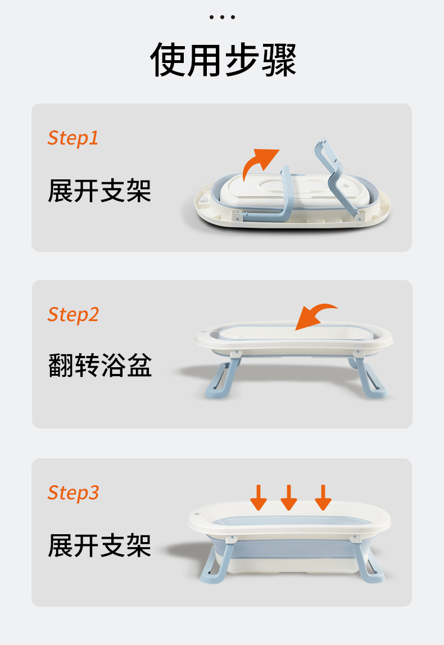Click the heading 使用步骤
click(x=223, y=60)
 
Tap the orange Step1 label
click(x=73, y=138)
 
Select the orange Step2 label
click(x=73, y=315)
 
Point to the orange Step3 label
click(x=73, y=493)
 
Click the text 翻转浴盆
click(x=100, y=366)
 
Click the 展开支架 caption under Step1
click(x=99, y=191)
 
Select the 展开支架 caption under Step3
click(x=99, y=546)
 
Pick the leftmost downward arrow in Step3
click(x=259, y=497)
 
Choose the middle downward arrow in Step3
click(x=289, y=497)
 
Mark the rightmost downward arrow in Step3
click(x=323, y=497)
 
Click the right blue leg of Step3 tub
click(x=367, y=560)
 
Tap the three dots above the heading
click(x=222, y=17)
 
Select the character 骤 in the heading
click(x=279, y=60)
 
